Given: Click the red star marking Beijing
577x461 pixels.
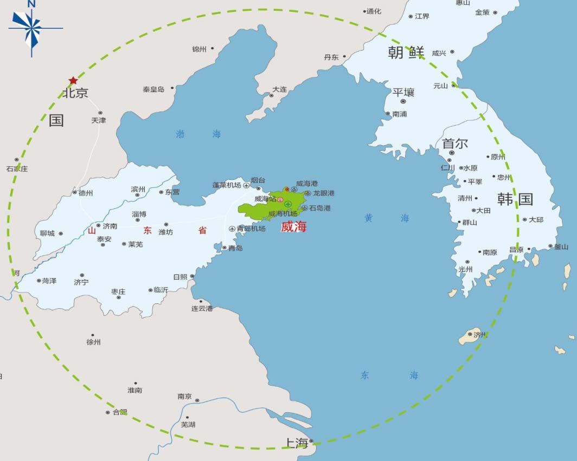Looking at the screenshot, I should [x=73, y=80].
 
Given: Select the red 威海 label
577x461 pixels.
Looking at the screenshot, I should [x=293, y=227].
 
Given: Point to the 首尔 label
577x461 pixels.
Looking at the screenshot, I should [x=455, y=144].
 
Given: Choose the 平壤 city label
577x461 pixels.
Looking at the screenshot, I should [x=403, y=92].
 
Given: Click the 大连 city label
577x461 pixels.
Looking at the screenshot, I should [x=280, y=89].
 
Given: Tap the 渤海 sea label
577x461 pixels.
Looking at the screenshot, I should [x=198, y=134].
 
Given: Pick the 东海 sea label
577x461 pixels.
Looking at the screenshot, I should [x=389, y=375].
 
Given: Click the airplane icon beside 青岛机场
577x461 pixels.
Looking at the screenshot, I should [x=233, y=229].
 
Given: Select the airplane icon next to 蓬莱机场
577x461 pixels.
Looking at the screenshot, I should [x=247, y=185].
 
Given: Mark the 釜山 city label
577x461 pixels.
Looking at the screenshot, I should [x=561, y=246].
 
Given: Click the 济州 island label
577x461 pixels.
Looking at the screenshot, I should [x=480, y=335].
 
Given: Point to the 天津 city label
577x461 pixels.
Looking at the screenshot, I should [x=99, y=120].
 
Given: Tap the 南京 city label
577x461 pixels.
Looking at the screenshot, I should [x=184, y=396].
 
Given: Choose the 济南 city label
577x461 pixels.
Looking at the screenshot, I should [x=110, y=226].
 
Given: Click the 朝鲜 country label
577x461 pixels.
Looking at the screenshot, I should [x=406, y=53].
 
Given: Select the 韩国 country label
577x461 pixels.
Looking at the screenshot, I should [x=515, y=199].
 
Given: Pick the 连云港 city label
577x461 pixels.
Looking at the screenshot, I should [x=202, y=308].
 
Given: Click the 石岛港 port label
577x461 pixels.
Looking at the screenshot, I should [x=320, y=208].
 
